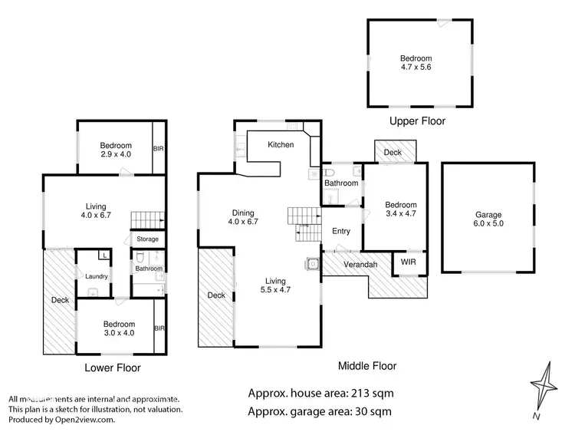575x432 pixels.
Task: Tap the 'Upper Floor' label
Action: tap(417, 121)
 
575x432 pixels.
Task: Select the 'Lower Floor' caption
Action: tap(113, 368)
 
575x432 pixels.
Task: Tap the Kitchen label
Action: tap(280, 145)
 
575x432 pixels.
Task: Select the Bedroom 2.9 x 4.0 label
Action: tap(116, 150)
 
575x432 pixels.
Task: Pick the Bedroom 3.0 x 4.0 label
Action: tap(119, 328)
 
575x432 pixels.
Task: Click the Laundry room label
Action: tap(97, 276)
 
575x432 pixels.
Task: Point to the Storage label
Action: tap(147, 239)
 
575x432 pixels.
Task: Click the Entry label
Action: tap(340, 231)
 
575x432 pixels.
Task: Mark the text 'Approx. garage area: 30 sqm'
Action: tap(320, 411)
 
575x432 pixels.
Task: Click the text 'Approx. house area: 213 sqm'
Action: tap(320, 394)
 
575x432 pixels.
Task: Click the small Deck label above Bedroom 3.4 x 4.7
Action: tap(393, 153)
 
